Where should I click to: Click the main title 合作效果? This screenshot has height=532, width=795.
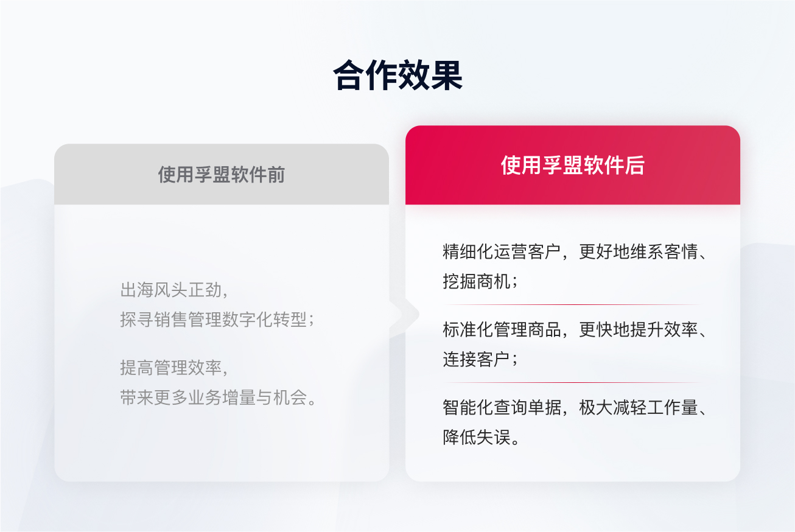click(397, 75)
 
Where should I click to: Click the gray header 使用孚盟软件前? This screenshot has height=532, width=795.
click(221, 175)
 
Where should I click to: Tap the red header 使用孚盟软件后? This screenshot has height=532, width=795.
click(572, 165)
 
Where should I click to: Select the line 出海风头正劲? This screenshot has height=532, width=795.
click(173, 290)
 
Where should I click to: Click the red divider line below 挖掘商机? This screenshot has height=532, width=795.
click(572, 304)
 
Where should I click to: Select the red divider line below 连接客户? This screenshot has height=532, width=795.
click(572, 382)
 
